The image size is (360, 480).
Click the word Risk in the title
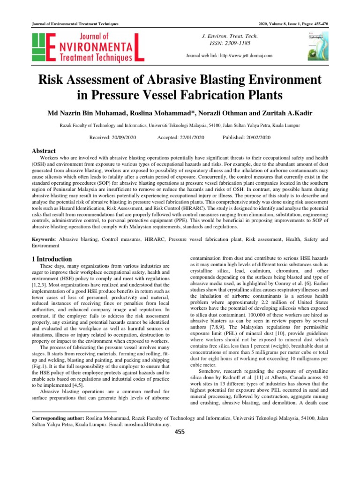click(52, 79)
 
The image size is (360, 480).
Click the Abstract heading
click(44, 151)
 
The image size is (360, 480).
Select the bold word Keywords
click(43, 239)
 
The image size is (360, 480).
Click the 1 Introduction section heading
click(52, 259)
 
